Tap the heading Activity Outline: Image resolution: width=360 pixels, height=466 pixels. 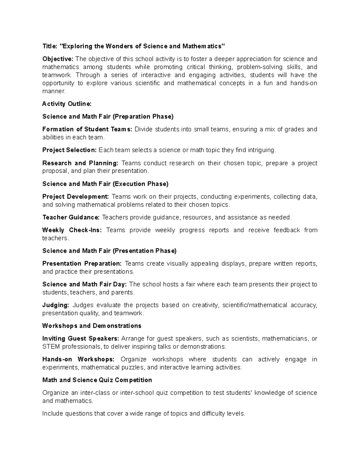[67, 104]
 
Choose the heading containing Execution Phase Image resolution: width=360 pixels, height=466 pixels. [105, 184]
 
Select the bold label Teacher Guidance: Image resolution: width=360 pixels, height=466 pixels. [71, 217]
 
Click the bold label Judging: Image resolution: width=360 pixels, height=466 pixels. [56, 305]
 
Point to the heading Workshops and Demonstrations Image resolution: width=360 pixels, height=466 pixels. [92, 326]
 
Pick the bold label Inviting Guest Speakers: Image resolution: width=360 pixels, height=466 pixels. [81, 338]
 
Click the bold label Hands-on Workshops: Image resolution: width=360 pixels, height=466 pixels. [78, 359]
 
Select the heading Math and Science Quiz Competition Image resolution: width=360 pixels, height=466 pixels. [97, 380]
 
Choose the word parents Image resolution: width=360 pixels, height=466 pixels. [122, 292]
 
